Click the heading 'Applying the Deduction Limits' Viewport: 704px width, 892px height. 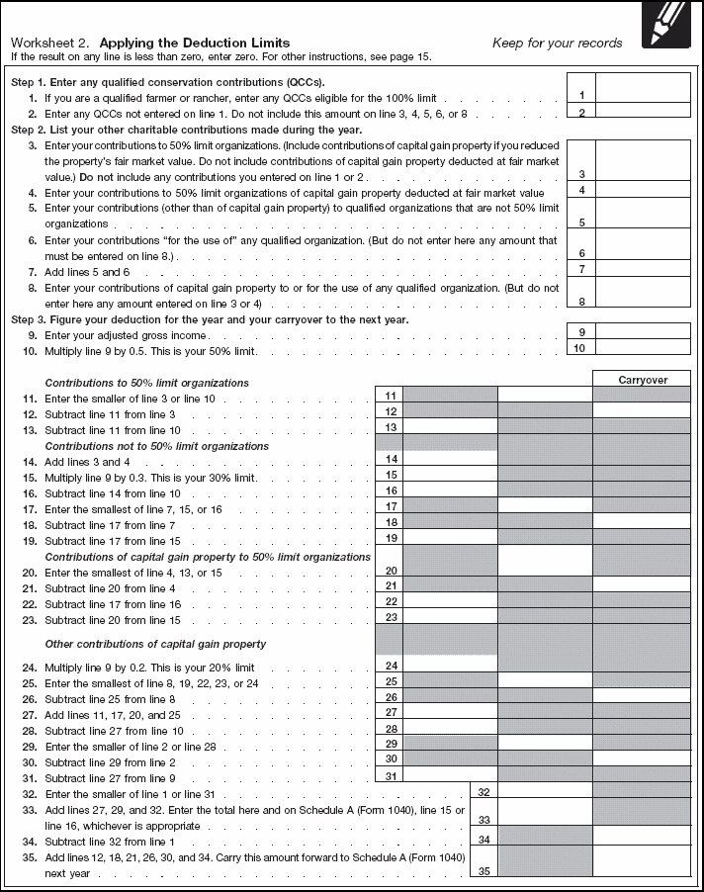[195, 43]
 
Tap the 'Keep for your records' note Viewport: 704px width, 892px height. [557, 43]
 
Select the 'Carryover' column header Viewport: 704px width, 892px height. [642, 379]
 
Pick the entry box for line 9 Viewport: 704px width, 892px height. [642, 332]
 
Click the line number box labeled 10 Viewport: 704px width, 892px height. [581, 348]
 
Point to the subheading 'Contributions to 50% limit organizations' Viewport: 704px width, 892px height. [147, 383]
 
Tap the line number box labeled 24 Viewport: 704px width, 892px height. [390, 667]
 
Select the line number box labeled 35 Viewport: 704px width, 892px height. [483, 871]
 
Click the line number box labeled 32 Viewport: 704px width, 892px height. [483, 792]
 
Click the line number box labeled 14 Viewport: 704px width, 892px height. [390, 459]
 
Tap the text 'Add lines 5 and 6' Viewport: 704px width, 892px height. [87, 271]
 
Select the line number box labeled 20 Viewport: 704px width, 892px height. [390, 571]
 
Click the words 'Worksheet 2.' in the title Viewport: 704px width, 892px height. [50, 43]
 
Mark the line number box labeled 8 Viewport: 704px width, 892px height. [581, 301]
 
